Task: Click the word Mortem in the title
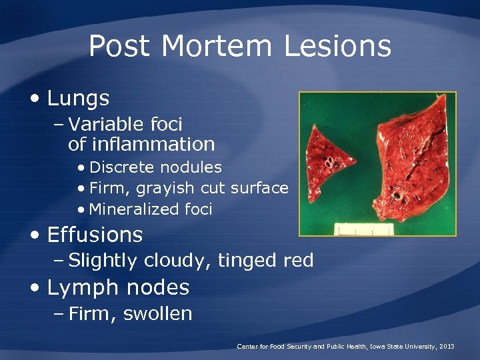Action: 217,47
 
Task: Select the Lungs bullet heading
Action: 78,99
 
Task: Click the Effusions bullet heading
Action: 95,235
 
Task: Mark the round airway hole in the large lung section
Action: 398,197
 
